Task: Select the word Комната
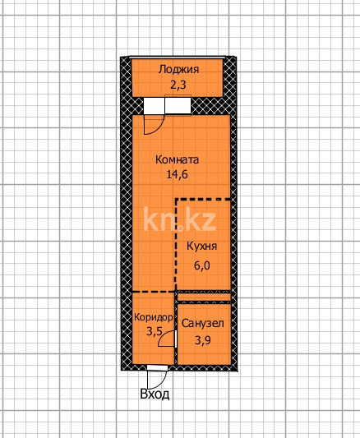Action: (178, 160)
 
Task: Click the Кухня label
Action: (201, 246)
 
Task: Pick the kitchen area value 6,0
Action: (201, 265)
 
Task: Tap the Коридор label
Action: (153, 317)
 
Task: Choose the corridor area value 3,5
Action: (155, 331)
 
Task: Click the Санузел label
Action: (202, 324)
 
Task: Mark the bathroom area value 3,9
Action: (202, 339)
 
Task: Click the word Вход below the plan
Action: (155, 394)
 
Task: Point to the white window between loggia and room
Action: (165, 106)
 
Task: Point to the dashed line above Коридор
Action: (155, 292)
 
